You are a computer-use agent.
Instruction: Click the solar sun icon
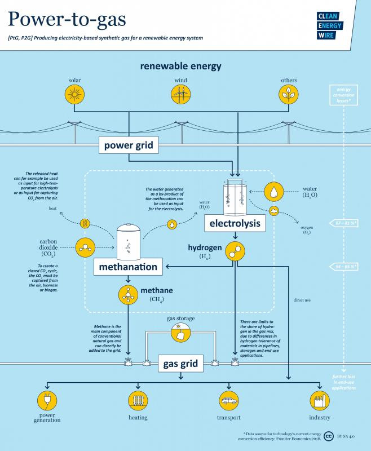76,95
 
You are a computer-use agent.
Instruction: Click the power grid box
129,147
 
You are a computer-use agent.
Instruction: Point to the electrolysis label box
235,224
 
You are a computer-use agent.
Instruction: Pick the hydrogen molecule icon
235,251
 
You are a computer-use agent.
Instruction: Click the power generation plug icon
46,401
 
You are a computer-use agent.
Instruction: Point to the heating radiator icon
138,401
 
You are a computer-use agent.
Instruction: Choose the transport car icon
228,401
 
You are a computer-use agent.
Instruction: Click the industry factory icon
319,401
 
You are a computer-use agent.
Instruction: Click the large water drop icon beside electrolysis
273,192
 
